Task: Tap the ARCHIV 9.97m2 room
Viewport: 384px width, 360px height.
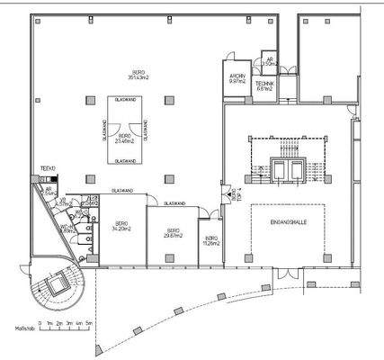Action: click(x=237, y=78)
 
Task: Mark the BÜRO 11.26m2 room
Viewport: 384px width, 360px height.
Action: click(x=211, y=241)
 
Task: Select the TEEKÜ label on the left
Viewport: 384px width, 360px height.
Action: click(x=49, y=168)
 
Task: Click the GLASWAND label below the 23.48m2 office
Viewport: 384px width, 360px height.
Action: click(x=125, y=161)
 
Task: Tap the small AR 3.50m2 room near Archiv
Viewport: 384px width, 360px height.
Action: click(x=269, y=61)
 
